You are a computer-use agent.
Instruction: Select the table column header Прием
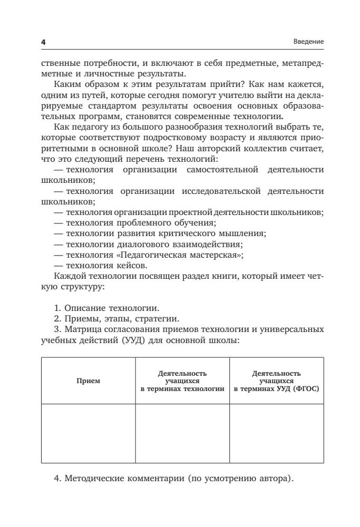tap(88, 380)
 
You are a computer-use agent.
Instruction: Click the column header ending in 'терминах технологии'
tap(182, 380)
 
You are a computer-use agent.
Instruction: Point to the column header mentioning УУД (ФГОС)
tap(277, 380)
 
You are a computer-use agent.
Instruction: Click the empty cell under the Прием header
tap(88, 433)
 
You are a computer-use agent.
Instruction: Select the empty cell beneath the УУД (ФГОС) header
tap(277, 433)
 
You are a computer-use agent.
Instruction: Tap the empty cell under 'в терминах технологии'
tap(182, 433)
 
